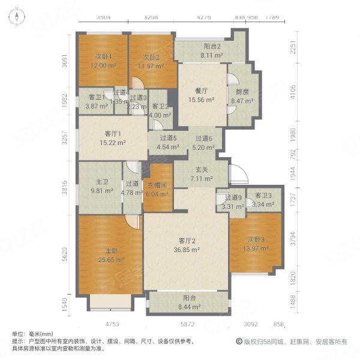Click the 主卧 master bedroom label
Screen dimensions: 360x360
pos(108,251)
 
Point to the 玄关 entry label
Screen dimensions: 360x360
pos(200,170)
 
